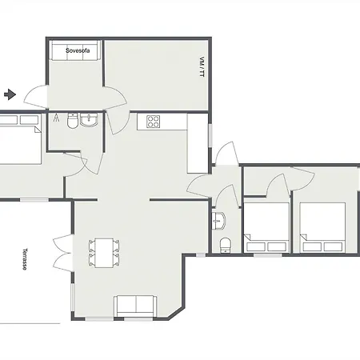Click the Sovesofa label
(x=78, y=50)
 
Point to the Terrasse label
(x=25, y=259)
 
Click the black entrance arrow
(x=10, y=94)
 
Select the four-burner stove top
(x=153, y=122)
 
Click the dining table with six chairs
(x=104, y=253)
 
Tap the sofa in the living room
(x=135, y=306)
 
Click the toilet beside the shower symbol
(x=72, y=121)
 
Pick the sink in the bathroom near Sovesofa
(x=89, y=120)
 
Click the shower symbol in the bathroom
(x=56, y=118)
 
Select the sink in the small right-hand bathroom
(x=218, y=221)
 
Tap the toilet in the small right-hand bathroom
(x=226, y=245)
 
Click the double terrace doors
(x=63, y=253)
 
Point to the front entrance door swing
(x=35, y=97)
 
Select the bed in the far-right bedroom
(x=322, y=227)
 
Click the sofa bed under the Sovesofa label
(x=75, y=50)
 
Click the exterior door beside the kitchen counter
(x=227, y=154)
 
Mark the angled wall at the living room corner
(x=176, y=313)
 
